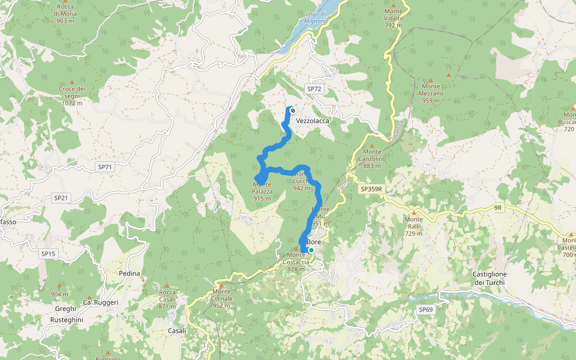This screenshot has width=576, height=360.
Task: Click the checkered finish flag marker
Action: pos(292,110)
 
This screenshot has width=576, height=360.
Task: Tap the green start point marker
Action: pos(311,250)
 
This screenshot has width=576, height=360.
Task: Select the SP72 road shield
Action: pos(314,89)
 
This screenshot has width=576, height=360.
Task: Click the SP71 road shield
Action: pos(105,167)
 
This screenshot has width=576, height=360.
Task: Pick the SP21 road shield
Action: pos(62,198)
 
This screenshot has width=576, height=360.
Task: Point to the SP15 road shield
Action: pos(48,254)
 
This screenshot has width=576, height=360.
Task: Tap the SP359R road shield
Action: pos(371,189)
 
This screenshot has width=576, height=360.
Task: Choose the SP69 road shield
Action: pos(425,310)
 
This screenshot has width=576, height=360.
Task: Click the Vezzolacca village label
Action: pos(313,121)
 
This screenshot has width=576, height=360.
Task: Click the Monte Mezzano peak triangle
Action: pos(431,79)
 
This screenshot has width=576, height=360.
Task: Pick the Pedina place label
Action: pos(130,274)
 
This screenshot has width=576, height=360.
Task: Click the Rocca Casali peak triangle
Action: pos(167,286)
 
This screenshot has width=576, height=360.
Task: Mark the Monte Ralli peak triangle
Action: pos(413,212)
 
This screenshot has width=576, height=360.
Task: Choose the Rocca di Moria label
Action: pos(65,13)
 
